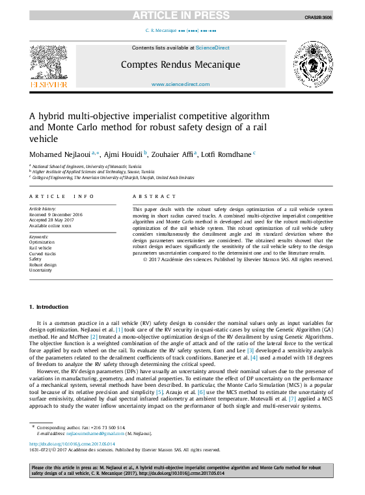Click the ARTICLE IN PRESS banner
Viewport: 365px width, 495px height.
182,15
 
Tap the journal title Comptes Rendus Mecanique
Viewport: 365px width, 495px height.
180,64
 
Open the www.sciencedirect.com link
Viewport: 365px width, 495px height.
180,85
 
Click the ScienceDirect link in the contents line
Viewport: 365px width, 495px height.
213,48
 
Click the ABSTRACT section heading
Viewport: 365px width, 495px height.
149,196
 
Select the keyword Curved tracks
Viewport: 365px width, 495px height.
42,253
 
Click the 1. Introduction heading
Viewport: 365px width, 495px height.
49,307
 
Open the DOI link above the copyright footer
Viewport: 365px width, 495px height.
72,444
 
